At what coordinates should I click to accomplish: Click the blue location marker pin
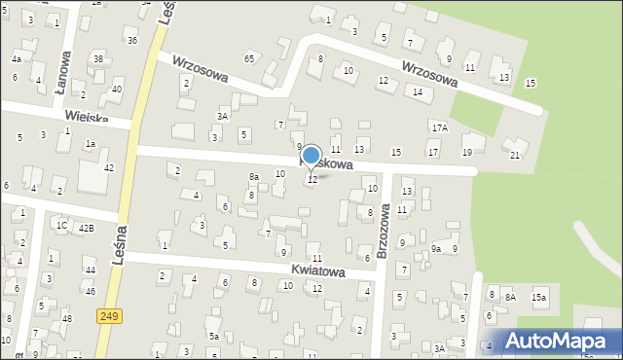311,156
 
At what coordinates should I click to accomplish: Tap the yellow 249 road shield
109,315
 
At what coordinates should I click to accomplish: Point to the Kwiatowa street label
317,271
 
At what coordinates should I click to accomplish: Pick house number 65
249,59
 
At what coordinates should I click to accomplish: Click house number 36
131,40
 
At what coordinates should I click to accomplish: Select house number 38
98,59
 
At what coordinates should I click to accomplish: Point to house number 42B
87,228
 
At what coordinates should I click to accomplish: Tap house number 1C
60,226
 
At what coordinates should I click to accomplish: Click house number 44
90,270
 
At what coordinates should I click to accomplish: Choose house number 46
90,291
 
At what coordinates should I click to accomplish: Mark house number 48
66,319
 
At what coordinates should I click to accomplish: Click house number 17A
439,127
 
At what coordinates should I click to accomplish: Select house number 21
515,156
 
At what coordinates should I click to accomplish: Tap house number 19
467,152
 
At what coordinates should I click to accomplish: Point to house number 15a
538,297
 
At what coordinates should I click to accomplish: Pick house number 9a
437,249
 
